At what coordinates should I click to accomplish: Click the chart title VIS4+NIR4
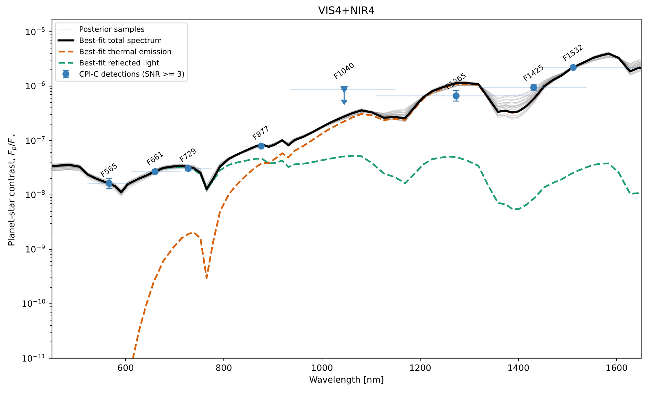pyautogui.click(x=346, y=10)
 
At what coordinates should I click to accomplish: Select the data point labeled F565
pyautogui.click(x=109, y=183)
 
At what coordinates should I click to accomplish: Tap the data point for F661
pyautogui.click(x=155, y=171)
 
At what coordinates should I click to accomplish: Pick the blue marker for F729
pyautogui.click(x=188, y=168)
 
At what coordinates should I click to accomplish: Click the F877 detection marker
pyautogui.click(x=261, y=146)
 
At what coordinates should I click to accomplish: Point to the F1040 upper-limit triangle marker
pyautogui.click(x=344, y=89)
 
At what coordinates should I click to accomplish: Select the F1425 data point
pyautogui.click(x=534, y=87)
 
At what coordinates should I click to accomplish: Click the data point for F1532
pyautogui.click(x=573, y=67)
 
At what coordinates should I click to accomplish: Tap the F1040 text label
pyautogui.click(x=344, y=71)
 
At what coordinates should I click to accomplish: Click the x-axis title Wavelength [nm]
pyautogui.click(x=346, y=380)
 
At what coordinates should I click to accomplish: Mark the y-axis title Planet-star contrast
pyautogui.click(x=12, y=189)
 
